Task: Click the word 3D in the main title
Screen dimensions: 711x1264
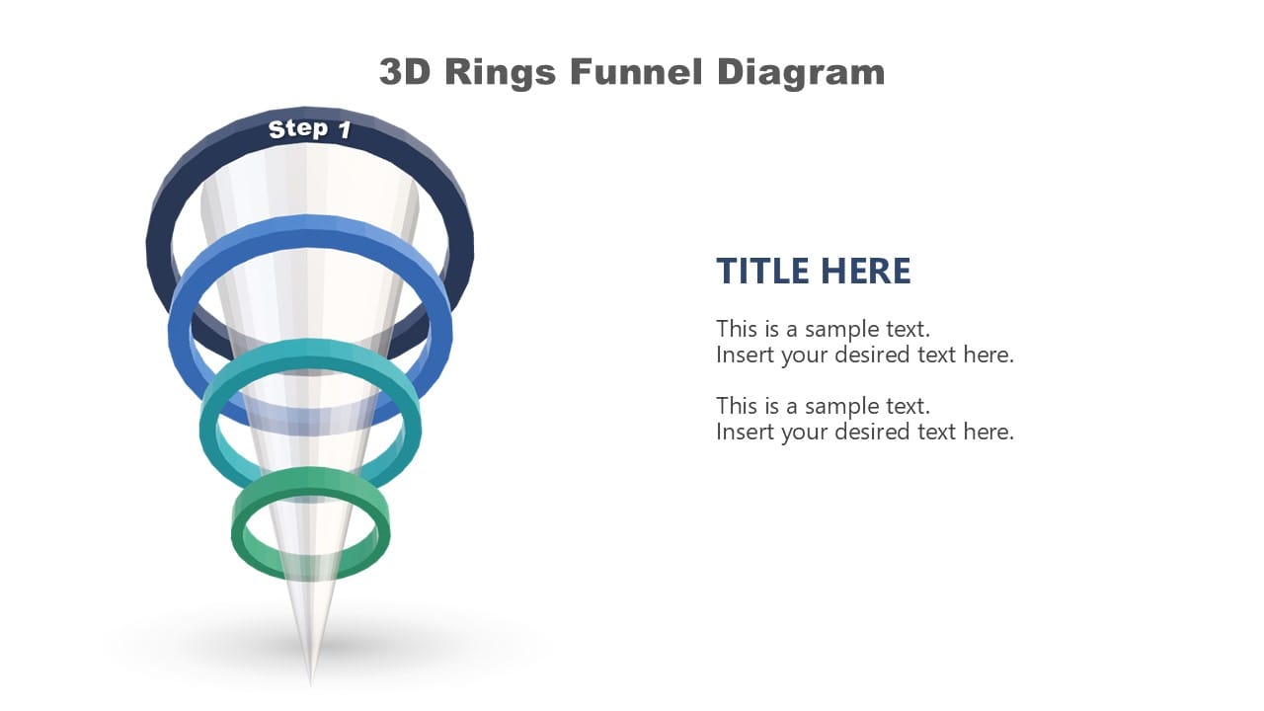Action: (405, 72)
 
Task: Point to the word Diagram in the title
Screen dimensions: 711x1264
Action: (801, 72)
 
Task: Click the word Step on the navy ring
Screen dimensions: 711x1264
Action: (297, 128)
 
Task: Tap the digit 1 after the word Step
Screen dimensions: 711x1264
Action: (344, 130)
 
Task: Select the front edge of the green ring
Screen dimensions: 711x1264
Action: (311, 571)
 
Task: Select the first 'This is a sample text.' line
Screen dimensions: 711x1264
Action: (823, 329)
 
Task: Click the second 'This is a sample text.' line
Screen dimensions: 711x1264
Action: (823, 406)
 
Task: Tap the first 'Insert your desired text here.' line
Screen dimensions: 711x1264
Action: (865, 355)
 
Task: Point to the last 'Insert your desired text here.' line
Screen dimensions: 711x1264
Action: (865, 432)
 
